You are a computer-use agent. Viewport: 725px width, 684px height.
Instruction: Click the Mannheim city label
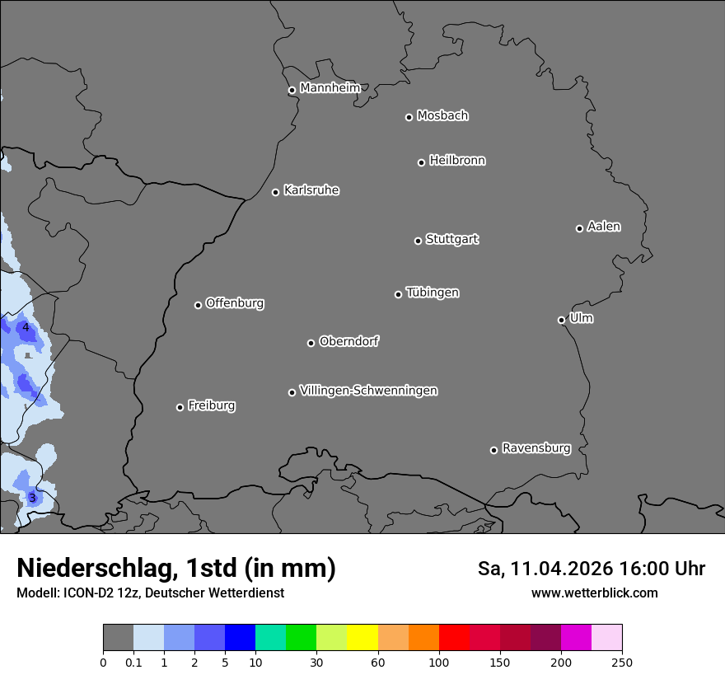tap(330, 88)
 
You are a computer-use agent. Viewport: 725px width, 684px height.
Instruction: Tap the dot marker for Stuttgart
tap(418, 241)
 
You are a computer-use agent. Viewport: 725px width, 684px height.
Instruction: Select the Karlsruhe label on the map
tap(311, 190)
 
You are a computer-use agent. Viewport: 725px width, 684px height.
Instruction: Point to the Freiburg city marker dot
tap(180, 407)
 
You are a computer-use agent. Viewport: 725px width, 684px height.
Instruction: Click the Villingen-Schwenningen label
tap(368, 391)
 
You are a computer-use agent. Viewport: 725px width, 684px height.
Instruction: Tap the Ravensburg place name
tap(536, 448)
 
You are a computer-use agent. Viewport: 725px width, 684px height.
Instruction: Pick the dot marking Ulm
tap(561, 320)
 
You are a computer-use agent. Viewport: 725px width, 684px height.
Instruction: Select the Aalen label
tap(603, 227)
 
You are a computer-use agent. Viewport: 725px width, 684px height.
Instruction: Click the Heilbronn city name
tap(456, 161)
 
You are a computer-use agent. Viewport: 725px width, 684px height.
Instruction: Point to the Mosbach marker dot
tap(409, 117)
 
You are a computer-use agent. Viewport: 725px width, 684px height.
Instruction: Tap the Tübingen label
tap(432, 293)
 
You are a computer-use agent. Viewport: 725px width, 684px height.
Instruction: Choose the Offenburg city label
tap(234, 303)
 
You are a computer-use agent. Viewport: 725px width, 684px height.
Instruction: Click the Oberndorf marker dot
tap(311, 343)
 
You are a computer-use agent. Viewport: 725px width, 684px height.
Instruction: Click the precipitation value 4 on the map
tap(26, 327)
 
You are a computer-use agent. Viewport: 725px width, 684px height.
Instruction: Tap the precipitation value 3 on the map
tap(32, 498)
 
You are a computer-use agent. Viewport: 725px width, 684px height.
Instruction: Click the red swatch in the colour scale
tap(454, 638)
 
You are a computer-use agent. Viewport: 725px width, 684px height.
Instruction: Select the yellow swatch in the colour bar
tap(362, 638)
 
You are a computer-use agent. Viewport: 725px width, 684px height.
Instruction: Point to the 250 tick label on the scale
tap(622, 662)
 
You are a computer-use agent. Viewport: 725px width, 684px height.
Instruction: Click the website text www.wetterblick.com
tap(594, 593)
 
